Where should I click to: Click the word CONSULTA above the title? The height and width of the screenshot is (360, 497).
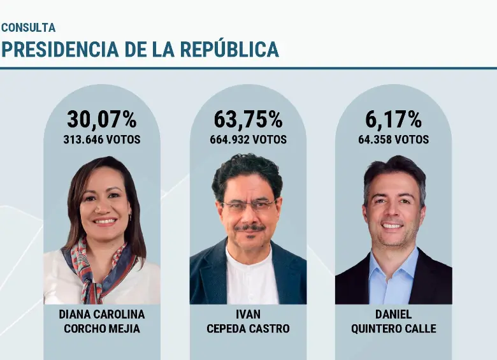coord(28,28)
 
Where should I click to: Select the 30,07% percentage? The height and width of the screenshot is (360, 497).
coord(102,119)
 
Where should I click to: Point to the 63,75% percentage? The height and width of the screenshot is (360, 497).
coord(248,119)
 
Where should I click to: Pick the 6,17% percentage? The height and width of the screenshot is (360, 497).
coord(393,119)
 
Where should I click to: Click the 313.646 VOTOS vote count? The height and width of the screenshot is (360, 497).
coord(102,140)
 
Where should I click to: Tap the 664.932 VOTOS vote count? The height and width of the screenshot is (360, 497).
coord(248,140)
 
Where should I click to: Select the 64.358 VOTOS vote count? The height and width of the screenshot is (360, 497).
coord(393,140)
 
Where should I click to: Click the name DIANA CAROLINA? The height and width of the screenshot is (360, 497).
coord(102,315)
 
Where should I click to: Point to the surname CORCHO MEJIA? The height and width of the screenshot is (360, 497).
coord(102,329)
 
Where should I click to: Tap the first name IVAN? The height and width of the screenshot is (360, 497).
coord(248,315)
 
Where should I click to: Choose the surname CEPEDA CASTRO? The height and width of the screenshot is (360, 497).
coord(248,329)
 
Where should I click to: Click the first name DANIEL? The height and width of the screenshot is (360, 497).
coord(393,315)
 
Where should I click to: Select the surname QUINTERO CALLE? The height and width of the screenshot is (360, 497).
coord(393,329)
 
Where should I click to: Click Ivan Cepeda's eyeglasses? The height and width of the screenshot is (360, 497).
coord(248,206)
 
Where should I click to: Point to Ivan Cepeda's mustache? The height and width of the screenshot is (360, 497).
coord(249,227)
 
